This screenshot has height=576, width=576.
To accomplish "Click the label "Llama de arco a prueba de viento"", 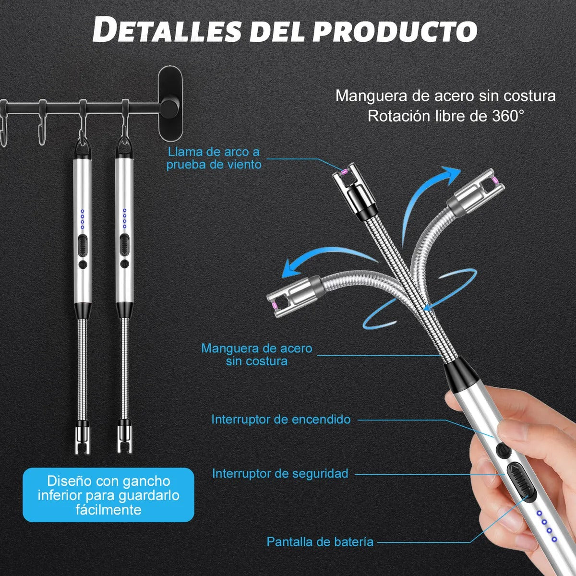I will (x=214, y=158).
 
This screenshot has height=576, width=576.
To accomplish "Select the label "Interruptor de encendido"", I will (x=281, y=419).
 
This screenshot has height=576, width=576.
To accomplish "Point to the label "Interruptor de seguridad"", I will (x=280, y=474).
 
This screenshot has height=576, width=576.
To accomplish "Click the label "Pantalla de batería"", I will (x=320, y=542).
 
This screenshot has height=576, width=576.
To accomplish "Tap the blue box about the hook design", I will (x=108, y=495).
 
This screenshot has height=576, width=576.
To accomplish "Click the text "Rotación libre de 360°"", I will (x=446, y=116).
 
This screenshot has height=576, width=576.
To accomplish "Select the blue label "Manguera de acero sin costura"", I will (x=257, y=354).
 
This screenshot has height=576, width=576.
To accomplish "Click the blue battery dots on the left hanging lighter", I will (x=82, y=219).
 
